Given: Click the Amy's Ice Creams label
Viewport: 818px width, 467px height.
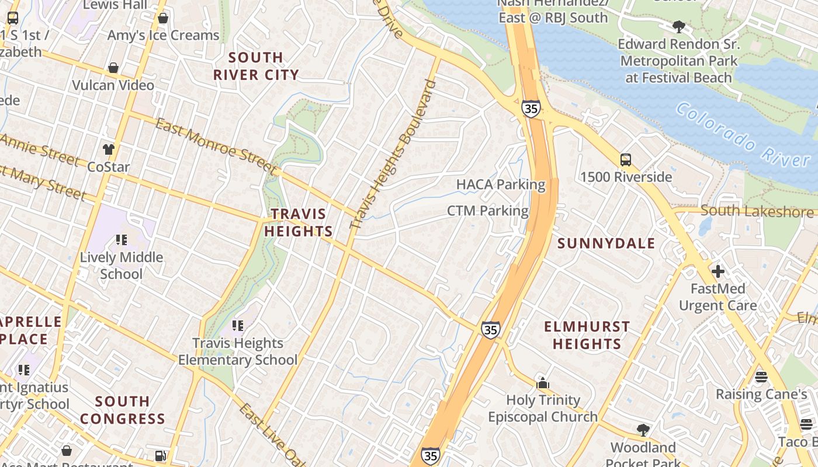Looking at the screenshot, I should click(x=163, y=35).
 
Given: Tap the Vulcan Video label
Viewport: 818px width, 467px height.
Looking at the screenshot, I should click(x=113, y=85).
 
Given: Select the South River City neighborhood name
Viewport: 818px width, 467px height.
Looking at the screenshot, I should click(x=256, y=66).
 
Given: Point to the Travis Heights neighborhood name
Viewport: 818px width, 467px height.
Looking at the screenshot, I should click(x=298, y=222).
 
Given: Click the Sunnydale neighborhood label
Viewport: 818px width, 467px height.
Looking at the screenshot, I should click(x=606, y=243).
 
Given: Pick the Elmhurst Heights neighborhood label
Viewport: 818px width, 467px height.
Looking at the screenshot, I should click(x=587, y=335).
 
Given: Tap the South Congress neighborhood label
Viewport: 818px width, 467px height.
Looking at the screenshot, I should click(x=123, y=410).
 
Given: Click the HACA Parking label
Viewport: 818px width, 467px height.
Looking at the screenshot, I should click(x=501, y=185).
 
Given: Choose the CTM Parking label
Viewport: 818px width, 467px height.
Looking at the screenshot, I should click(x=487, y=211).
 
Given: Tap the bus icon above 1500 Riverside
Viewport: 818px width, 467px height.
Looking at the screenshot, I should click(x=625, y=160).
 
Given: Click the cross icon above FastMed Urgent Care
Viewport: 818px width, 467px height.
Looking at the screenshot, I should click(x=718, y=271).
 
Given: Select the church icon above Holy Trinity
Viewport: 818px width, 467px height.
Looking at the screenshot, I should click(x=543, y=383).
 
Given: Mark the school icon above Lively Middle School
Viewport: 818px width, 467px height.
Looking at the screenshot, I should click(x=121, y=239).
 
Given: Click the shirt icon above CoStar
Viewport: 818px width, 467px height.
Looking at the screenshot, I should click(x=108, y=149).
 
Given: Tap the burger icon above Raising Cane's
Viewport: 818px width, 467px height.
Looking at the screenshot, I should click(x=761, y=377).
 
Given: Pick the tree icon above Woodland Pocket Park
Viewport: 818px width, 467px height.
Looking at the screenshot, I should click(x=643, y=430).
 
